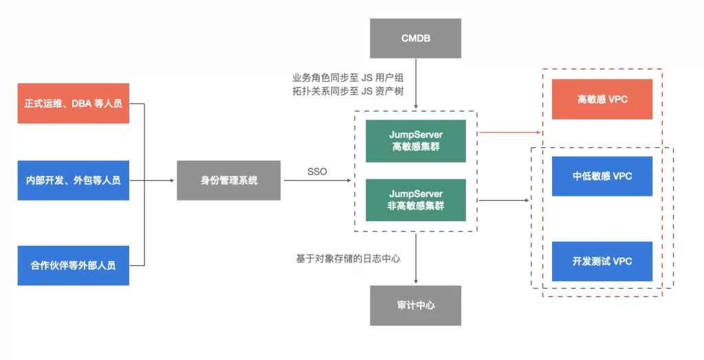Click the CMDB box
point(415,38)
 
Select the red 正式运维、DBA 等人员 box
point(73,103)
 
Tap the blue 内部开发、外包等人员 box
point(73,181)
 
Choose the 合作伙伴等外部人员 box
point(73,265)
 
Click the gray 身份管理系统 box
point(228,181)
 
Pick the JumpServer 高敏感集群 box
point(416,141)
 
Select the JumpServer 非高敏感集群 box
point(416,200)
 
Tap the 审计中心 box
point(415,305)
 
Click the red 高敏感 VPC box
point(602,99)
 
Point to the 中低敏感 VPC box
point(602,177)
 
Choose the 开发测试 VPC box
point(602,261)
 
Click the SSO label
point(317,172)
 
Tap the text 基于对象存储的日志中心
point(348,258)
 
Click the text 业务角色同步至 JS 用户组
point(348,78)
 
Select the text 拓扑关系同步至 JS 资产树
point(348,91)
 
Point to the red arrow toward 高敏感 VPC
point(509,133)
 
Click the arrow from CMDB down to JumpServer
point(416,84)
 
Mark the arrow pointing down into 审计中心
point(416,258)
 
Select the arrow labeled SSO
point(318,181)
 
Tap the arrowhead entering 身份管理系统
point(172,181)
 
